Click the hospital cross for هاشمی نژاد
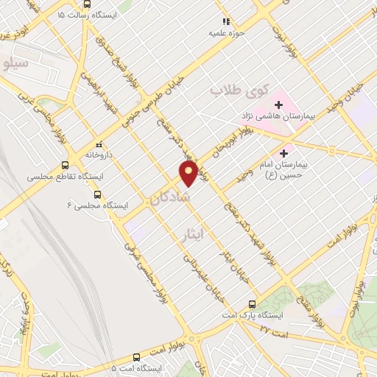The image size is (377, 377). (278, 105)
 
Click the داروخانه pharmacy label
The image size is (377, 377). (97, 155)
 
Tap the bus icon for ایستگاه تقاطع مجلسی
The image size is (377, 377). (66, 166)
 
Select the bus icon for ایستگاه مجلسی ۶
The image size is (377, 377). (98, 195)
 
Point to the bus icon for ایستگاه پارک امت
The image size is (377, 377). (253, 303)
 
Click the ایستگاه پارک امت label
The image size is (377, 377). (253, 315)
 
